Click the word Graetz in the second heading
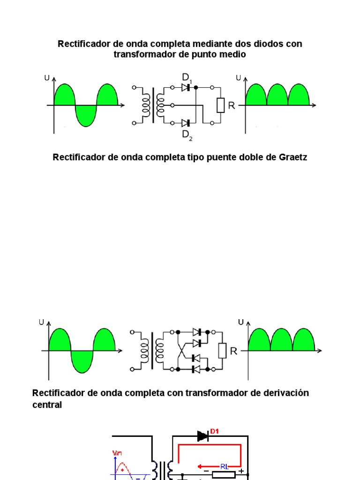[x=293, y=157]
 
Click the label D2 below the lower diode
[x=187, y=135]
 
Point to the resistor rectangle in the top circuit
[x=221, y=105]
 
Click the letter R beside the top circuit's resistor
[x=231, y=106]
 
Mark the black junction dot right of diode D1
[x=195, y=87]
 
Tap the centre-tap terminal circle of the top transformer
[x=173, y=105]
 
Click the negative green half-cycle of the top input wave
[x=86, y=115]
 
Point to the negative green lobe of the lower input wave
[x=82, y=361]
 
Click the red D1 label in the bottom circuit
[x=215, y=431]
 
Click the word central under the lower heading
[x=47, y=405]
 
